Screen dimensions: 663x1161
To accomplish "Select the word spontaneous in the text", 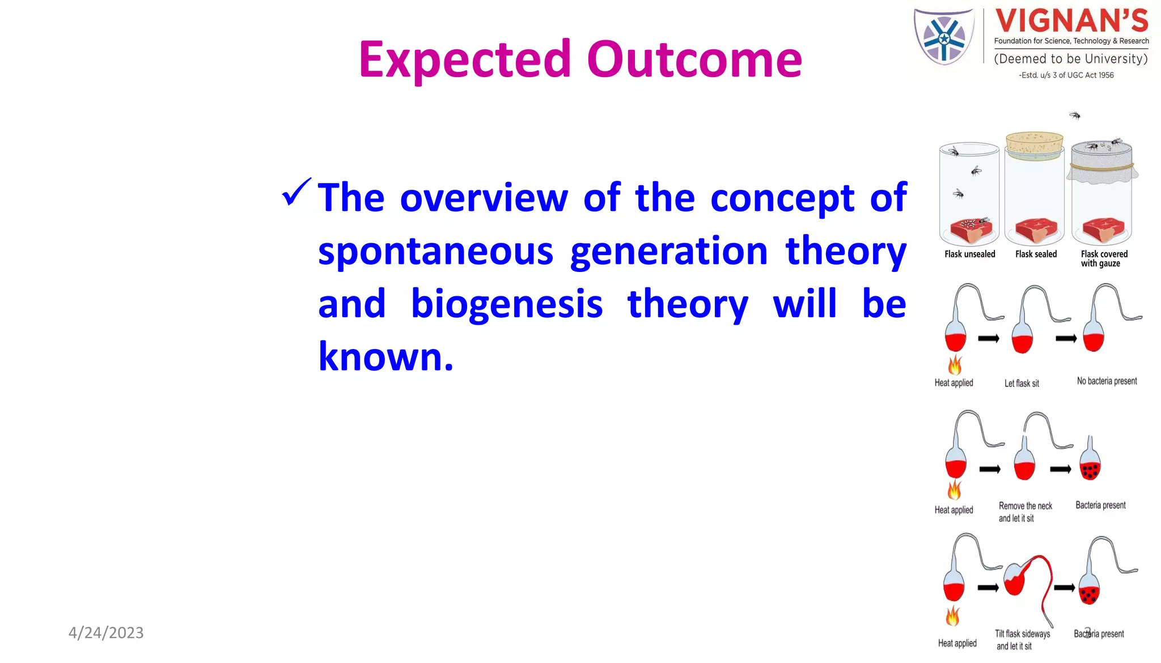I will pos(435,252).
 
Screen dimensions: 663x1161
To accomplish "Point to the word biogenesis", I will pos(506,304).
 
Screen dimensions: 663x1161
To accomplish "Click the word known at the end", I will pos(385,357).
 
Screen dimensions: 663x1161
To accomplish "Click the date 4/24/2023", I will pos(106,632).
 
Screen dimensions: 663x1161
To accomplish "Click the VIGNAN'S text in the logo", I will pos(1071,22).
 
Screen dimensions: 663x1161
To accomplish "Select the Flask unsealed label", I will pos(969,254).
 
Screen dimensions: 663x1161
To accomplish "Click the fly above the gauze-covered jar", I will pos(1075,116).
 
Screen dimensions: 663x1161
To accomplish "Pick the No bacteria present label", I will pos(1107,381).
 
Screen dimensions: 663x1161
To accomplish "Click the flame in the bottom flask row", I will pos(953,616).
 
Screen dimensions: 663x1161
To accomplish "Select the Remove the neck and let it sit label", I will pos(1025,512).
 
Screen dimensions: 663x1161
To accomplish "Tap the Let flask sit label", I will pos(1022,384).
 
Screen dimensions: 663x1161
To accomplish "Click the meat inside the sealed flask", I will pos(1036,229).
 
